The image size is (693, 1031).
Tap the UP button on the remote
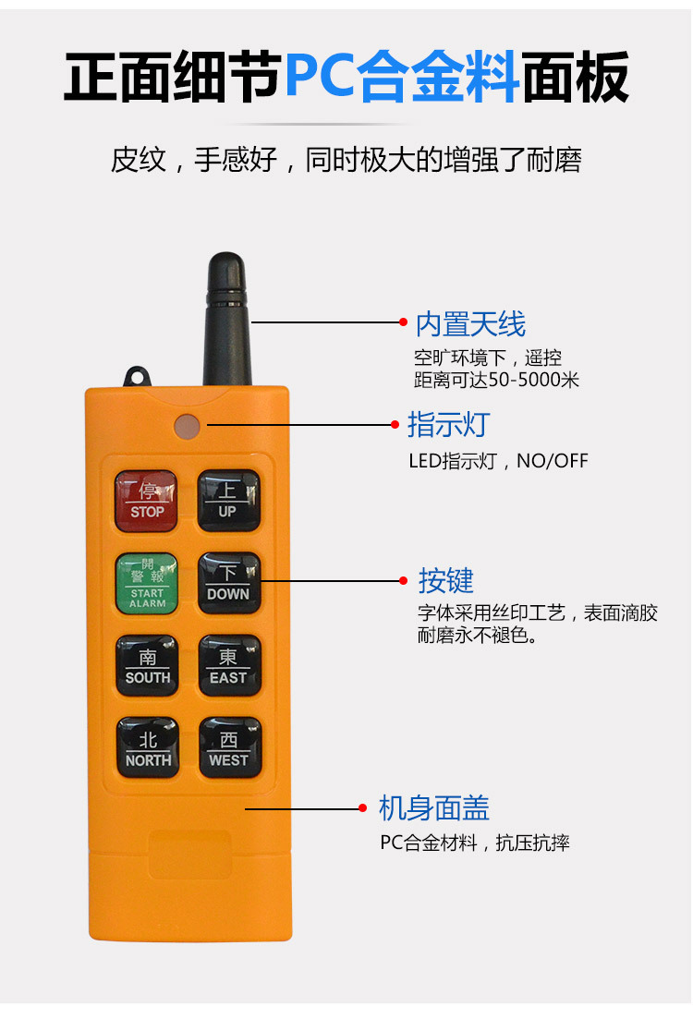click(228, 501)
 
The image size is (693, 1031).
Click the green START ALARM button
click(147, 583)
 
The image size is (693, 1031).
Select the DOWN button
click(229, 583)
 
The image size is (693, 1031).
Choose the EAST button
click(229, 665)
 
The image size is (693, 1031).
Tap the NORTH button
click(147, 747)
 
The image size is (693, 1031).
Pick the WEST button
click(229, 747)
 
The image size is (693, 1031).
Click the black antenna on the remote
click(226, 320)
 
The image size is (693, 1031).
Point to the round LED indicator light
click(188, 426)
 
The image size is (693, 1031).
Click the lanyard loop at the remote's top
click(137, 377)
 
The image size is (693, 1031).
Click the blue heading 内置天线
click(470, 324)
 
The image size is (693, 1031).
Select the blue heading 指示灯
click(449, 424)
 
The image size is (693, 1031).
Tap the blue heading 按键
click(445, 580)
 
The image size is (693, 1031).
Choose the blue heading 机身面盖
click(434, 808)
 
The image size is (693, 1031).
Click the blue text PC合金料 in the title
click(402, 77)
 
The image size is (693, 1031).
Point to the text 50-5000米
click(534, 380)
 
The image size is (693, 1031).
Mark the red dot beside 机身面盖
click(362, 808)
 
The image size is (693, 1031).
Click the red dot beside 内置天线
click(404, 322)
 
